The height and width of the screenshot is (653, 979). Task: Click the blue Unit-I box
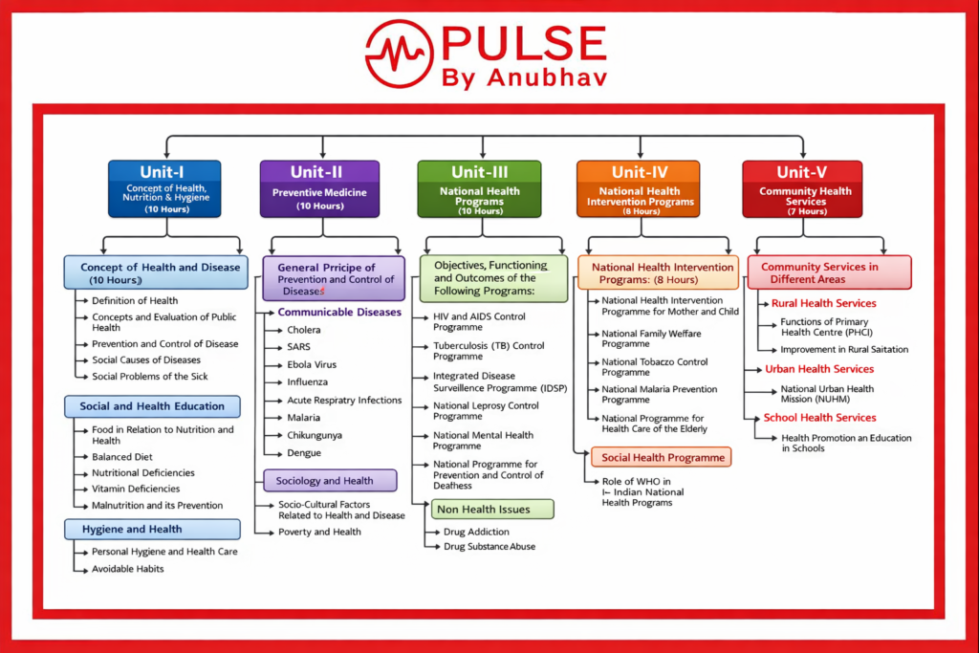(164, 187)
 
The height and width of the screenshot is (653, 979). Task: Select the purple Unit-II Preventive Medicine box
(319, 187)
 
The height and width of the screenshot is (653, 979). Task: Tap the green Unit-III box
(479, 187)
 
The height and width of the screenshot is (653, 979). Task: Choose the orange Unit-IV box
(639, 187)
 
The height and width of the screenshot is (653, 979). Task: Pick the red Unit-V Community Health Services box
(802, 187)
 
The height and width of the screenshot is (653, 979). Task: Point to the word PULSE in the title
(523, 43)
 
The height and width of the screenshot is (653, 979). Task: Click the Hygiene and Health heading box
(152, 529)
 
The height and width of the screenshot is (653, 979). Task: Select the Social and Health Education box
(152, 405)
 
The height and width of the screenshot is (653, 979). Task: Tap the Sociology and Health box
(331, 480)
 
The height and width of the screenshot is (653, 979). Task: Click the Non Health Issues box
(493, 509)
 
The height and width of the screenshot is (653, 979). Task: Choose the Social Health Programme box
(661, 457)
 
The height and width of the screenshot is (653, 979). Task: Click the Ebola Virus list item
(312, 364)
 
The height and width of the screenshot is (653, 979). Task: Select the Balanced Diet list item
(122, 457)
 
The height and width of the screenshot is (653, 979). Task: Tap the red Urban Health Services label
(819, 368)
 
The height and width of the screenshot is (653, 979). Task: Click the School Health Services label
(819, 417)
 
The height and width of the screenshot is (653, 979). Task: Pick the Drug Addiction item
(476, 532)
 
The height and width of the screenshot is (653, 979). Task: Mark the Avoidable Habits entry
(128, 569)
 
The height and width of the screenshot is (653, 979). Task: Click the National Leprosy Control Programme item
(486, 411)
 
